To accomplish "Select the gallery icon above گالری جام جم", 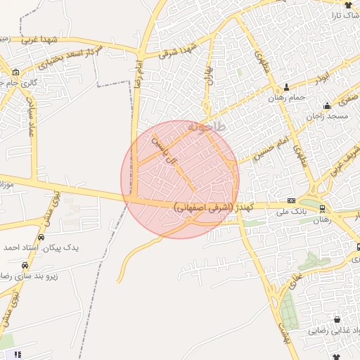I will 15,72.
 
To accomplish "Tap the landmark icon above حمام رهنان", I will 285,88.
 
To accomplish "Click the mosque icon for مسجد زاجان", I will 327,106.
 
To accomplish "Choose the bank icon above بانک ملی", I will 291,200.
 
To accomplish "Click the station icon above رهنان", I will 322,208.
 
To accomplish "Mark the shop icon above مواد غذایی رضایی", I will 336,319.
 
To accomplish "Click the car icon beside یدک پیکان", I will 25,266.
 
